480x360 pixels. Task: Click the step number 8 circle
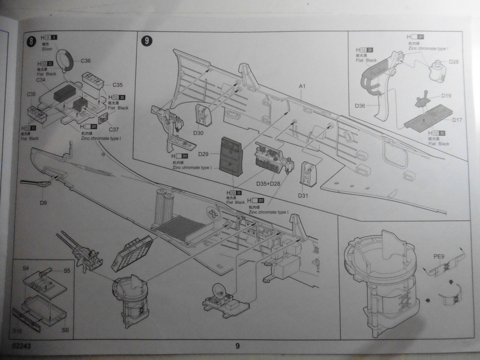(x=32, y=41)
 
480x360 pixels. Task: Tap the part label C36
(x=86, y=60)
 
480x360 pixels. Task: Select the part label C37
(x=114, y=130)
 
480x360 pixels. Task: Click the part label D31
(x=303, y=195)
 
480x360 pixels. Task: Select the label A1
(x=302, y=86)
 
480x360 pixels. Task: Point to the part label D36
(x=361, y=105)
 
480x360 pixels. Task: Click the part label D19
(x=446, y=96)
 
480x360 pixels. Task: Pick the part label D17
(x=456, y=120)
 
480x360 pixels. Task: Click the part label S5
(x=67, y=271)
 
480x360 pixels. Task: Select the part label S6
(x=65, y=330)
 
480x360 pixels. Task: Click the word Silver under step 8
(x=47, y=49)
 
